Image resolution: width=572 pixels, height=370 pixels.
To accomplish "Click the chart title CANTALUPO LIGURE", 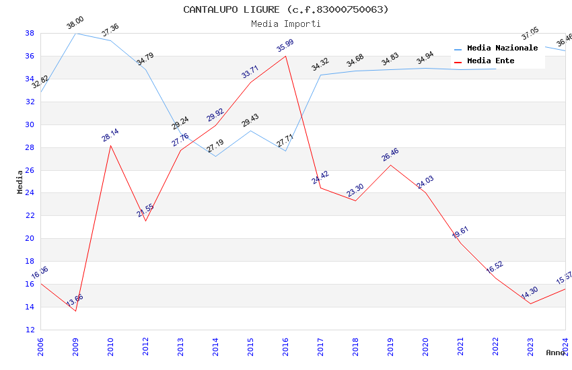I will [x=286, y=9].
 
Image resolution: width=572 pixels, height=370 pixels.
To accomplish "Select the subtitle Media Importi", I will [x=286, y=24].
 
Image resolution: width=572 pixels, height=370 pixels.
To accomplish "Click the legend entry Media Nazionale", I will [x=502, y=48].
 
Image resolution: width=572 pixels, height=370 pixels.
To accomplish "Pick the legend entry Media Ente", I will [x=491, y=61].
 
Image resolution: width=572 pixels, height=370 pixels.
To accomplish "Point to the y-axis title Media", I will [x=20, y=182].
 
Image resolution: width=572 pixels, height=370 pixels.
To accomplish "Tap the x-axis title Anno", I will [x=555, y=353].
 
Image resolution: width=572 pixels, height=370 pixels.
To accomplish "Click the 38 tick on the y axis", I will [x=30, y=33].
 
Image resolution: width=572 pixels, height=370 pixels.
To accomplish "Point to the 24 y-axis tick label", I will [x=30, y=193].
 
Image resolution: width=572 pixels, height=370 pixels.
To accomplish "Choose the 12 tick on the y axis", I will [x=30, y=330].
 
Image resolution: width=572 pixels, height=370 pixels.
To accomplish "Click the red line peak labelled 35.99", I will [x=285, y=56].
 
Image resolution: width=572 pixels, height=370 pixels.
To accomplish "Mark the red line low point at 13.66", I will [x=75, y=311].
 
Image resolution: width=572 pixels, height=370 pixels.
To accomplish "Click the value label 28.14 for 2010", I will [x=110, y=135].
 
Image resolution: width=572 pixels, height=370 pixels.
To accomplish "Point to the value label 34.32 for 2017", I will [x=320, y=65].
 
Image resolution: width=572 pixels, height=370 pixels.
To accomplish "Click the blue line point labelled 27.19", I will [x=215, y=156].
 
